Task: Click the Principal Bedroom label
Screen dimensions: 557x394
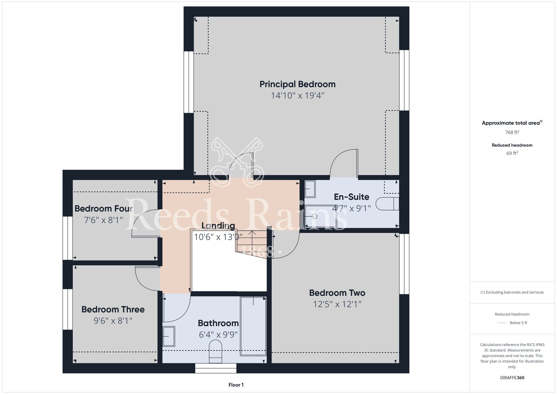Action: (x=297, y=84)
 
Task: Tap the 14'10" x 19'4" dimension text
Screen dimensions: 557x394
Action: (x=297, y=96)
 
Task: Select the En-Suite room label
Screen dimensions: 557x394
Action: (x=351, y=197)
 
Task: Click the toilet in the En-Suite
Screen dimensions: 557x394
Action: (x=387, y=204)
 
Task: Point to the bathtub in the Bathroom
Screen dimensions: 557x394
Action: (x=253, y=326)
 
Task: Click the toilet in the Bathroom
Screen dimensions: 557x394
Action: (x=216, y=351)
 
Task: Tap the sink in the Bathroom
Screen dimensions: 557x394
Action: (x=169, y=336)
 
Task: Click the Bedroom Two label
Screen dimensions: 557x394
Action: (x=337, y=293)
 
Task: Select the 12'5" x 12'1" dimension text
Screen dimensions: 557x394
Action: (x=337, y=304)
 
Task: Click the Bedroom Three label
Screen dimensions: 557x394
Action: (x=113, y=309)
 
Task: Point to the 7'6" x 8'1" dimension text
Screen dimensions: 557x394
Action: (x=103, y=220)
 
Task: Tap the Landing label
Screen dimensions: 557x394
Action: (x=218, y=225)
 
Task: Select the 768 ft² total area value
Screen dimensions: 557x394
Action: (x=512, y=132)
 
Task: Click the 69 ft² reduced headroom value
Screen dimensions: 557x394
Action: (x=512, y=153)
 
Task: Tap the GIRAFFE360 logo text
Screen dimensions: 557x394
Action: (x=512, y=378)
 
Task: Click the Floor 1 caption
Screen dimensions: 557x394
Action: (x=236, y=385)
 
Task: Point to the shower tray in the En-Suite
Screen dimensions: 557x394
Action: (x=321, y=217)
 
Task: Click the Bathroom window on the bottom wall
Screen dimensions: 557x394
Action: (x=216, y=368)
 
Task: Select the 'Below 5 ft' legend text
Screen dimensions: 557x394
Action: (x=518, y=323)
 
